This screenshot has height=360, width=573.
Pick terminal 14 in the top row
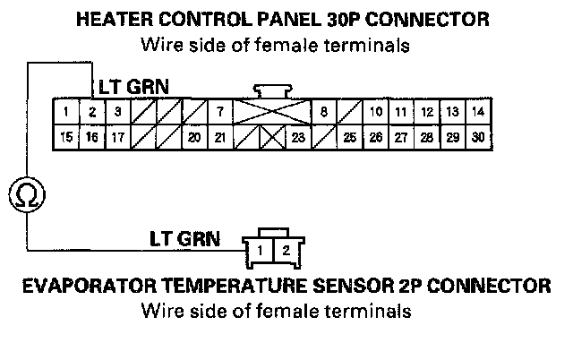478,112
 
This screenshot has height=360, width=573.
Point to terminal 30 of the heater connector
478,137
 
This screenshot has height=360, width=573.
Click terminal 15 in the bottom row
66,137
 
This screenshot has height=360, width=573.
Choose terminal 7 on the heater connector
220,112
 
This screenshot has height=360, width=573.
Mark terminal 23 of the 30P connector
298,137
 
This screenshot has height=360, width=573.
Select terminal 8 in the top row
323,112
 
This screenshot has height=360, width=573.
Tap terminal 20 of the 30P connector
194,137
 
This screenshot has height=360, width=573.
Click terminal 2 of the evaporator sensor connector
284,250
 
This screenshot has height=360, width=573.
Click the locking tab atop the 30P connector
272,91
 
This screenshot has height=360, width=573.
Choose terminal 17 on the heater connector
117,137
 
